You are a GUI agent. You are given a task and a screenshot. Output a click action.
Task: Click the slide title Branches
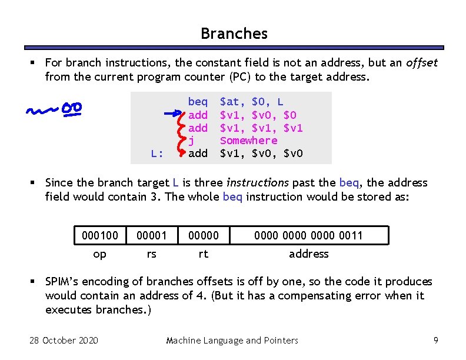234,34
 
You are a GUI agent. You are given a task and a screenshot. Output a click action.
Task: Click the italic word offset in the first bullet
422,62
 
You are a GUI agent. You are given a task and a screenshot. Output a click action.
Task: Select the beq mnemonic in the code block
198,102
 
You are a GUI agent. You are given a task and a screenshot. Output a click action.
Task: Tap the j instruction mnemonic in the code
191,140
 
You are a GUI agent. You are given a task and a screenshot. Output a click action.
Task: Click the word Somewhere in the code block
248,140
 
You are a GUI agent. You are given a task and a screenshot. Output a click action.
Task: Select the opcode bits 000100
99,235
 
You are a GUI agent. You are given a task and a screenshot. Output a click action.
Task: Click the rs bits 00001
151,235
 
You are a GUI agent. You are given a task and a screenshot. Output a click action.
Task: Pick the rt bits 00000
203,235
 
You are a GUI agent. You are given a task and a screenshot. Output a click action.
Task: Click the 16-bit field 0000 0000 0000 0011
308,235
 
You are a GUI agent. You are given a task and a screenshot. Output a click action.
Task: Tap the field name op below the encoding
100,254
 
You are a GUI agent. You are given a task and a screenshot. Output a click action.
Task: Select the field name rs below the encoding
151,254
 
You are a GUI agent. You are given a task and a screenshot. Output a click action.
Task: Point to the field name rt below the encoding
203,254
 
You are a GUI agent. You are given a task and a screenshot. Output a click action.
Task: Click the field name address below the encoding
308,254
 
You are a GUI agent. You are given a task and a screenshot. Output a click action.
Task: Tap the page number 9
435,340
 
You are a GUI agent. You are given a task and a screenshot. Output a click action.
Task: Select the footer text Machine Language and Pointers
232,340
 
